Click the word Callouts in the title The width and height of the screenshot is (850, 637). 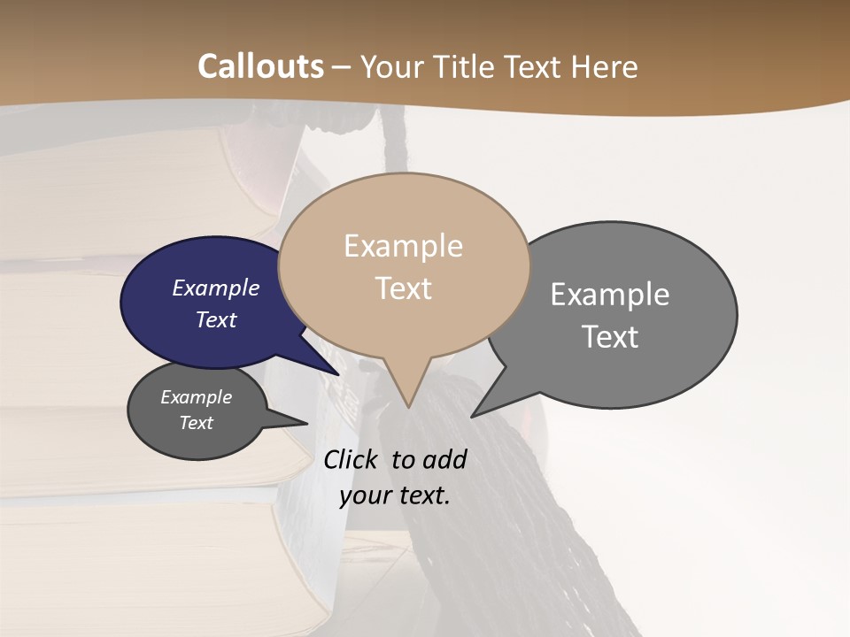pyautogui.click(x=260, y=66)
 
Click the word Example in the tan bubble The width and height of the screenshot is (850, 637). pyautogui.click(x=403, y=246)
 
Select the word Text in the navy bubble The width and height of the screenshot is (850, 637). pyautogui.click(x=216, y=319)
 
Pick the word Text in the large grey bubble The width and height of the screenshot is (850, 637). pyautogui.click(x=610, y=336)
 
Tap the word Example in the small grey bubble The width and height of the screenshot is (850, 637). pyautogui.click(x=196, y=397)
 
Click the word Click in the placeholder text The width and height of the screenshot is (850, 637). pyautogui.click(x=352, y=459)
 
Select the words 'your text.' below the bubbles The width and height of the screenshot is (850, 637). pyautogui.click(x=395, y=495)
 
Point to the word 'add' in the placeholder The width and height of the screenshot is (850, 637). pyautogui.click(x=444, y=459)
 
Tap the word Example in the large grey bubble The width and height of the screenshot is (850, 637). pyautogui.click(x=610, y=294)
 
